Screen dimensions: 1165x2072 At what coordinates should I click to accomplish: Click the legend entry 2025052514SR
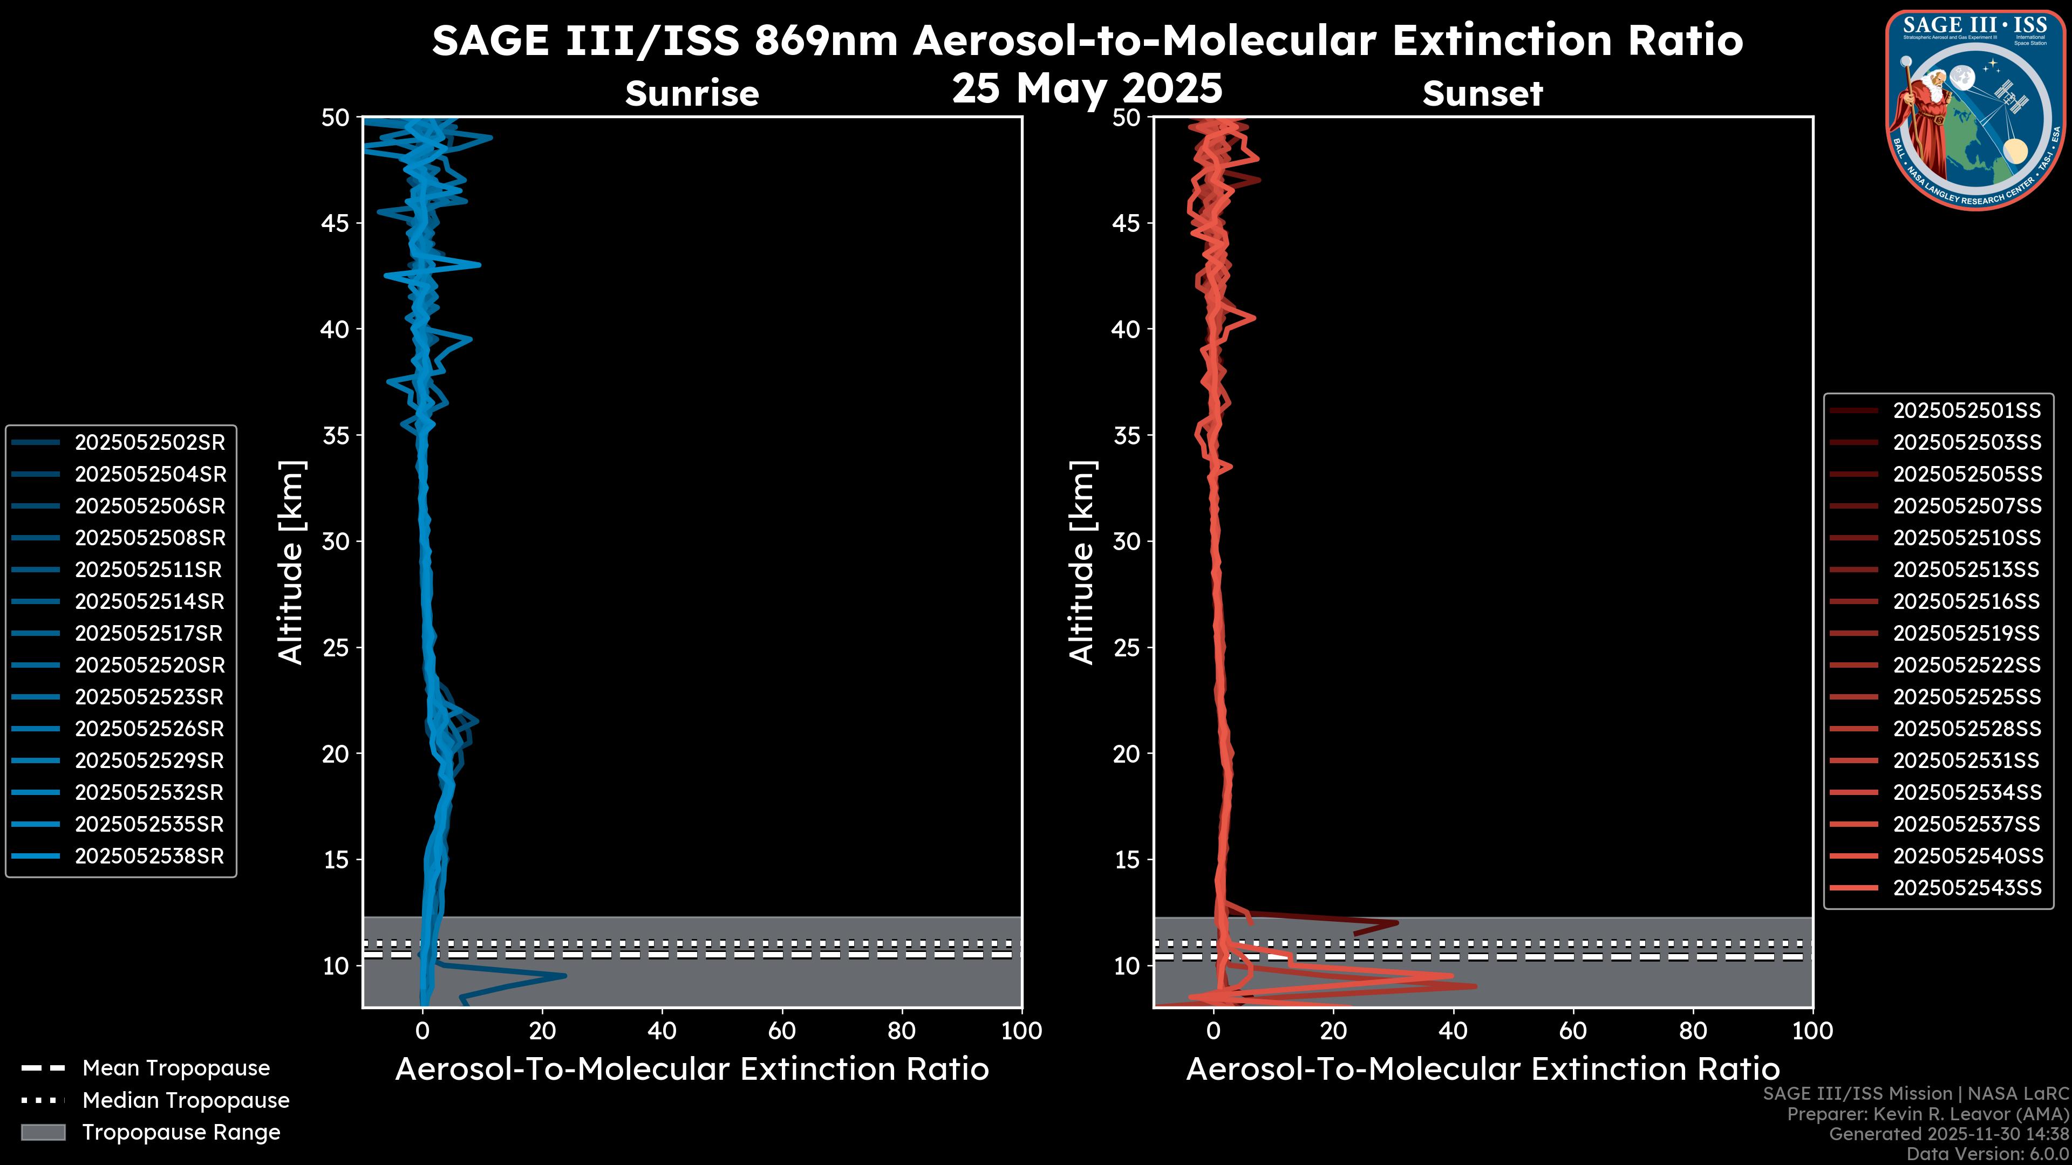tap(149, 601)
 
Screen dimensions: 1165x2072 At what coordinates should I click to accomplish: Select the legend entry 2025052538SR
tap(149, 855)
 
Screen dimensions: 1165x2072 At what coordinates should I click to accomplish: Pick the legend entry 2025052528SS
tap(1967, 729)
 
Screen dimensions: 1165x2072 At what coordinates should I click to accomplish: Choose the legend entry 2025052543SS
tap(1967, 888)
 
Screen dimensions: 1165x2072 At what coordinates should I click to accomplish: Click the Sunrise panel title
tap(692, 93)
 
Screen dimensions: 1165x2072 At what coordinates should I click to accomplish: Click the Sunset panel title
tap(1482, 93)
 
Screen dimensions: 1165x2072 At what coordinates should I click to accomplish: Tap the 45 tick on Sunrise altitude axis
tap(336, 223)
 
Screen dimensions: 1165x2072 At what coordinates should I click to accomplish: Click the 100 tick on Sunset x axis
tap(1812, 1031)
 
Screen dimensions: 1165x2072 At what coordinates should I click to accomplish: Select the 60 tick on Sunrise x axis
tap(782, 1031)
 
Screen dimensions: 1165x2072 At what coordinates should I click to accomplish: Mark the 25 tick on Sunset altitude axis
tap(1127, 647)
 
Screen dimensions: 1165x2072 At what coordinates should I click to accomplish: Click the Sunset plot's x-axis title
tap(1482, 1070)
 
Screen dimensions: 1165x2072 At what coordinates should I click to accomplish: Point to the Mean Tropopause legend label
tap(176, 1068)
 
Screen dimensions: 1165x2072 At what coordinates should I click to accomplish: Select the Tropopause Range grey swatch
tap(43, 1132)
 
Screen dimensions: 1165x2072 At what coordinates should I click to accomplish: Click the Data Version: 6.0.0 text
tap(1987, 1154)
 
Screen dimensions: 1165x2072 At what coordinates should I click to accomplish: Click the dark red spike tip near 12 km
tap(1397, 922)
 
